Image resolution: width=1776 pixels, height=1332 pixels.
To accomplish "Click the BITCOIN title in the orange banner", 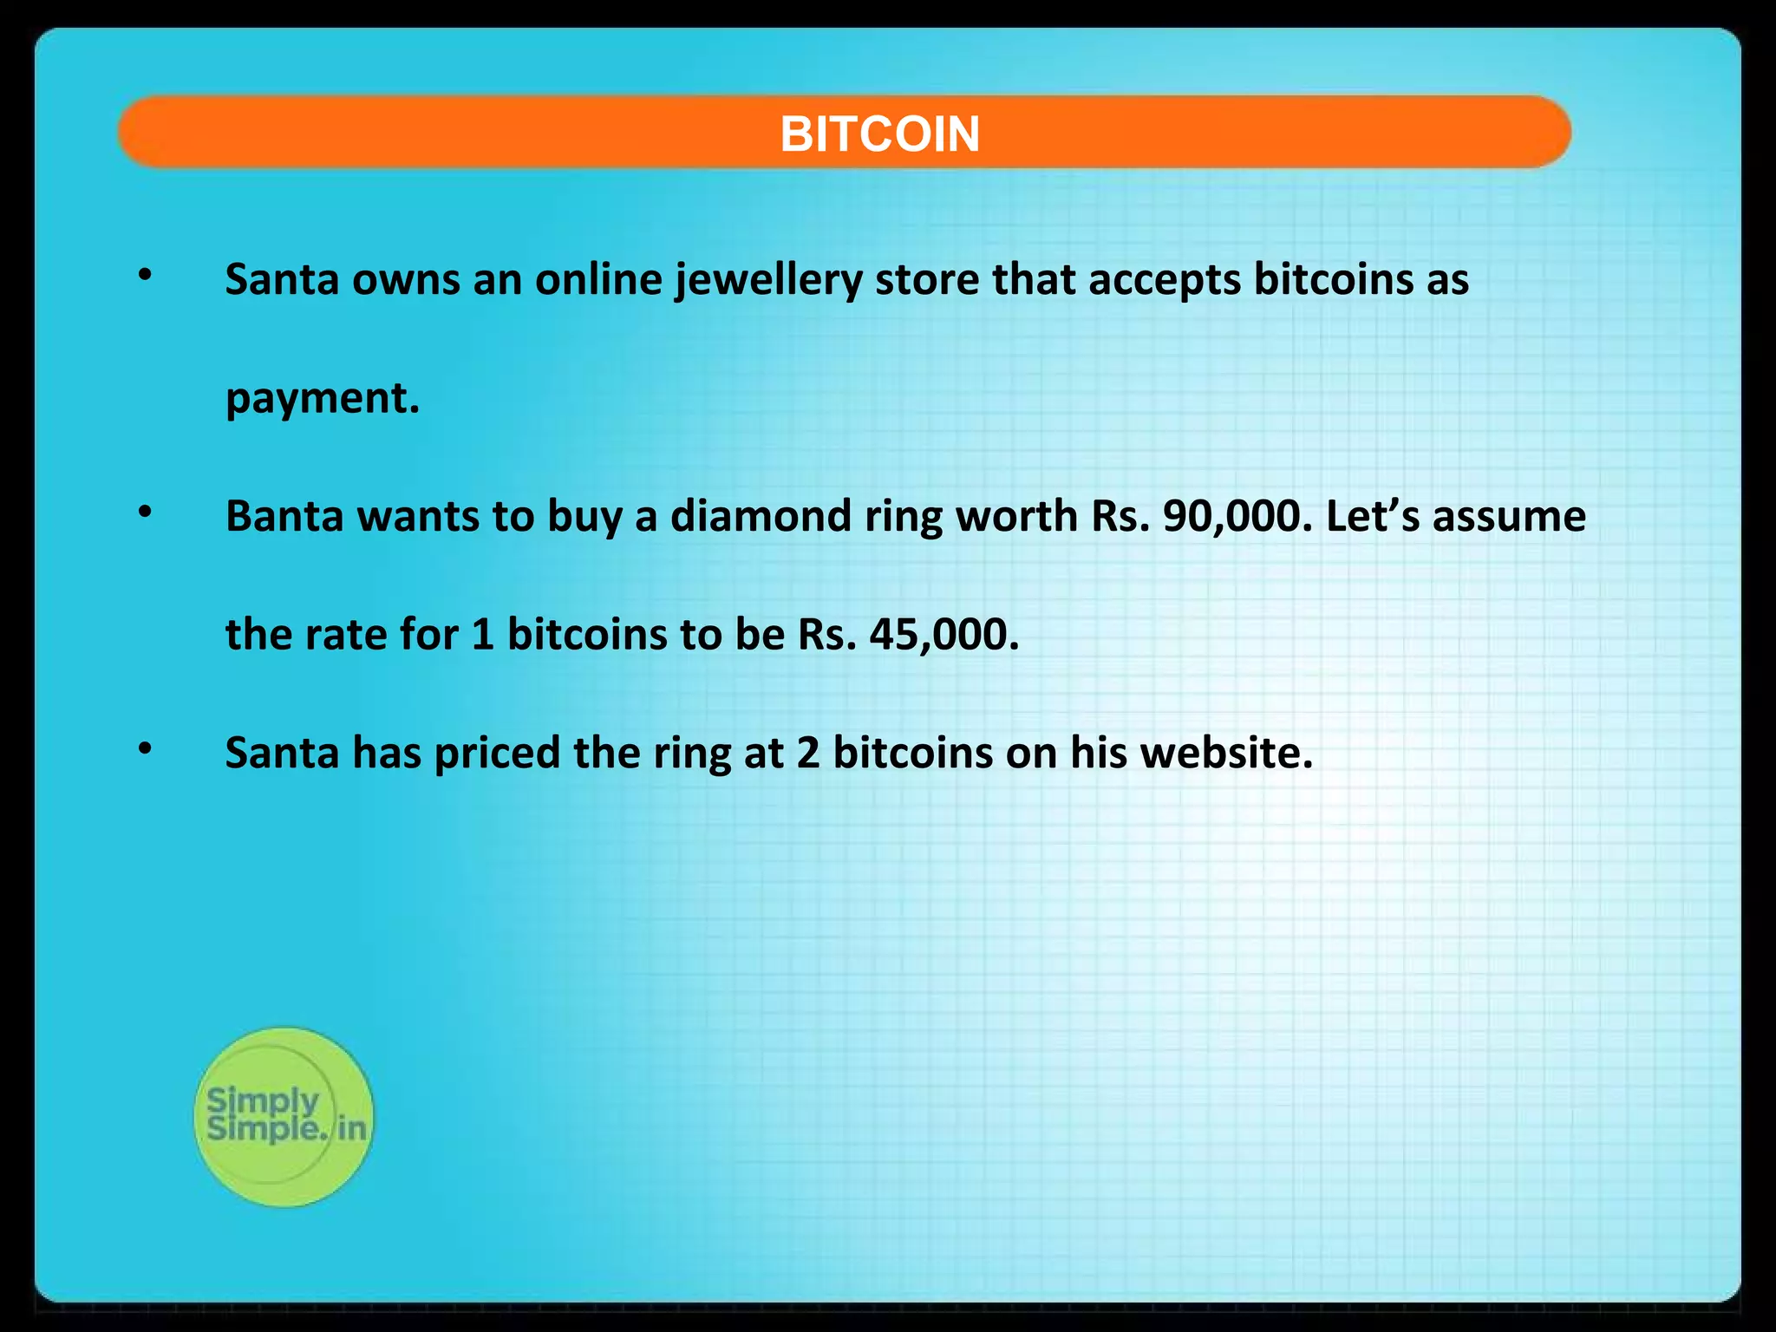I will click(879, 134).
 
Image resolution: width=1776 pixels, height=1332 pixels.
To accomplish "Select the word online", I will click(598, 279).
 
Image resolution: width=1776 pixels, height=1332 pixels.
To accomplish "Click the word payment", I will click(322, 399).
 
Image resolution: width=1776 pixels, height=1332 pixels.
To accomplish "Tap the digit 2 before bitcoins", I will click(808, 753).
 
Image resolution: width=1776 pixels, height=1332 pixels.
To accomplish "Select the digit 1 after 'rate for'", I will click(483, 635).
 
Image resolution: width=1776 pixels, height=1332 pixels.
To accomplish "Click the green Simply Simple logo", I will click(284, 1116).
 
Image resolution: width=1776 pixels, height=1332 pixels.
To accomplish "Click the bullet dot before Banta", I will click(146, 513).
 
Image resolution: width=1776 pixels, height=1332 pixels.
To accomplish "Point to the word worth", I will click(1016, 516).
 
